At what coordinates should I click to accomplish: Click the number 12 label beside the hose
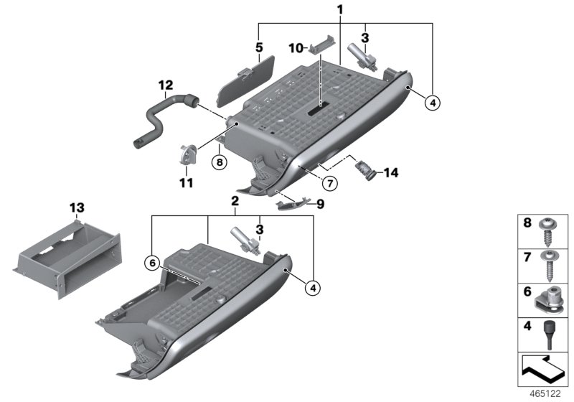click(166, 85)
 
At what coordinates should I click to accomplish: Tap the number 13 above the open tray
click(77, 207)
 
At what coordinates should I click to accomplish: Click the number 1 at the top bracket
click(339, 9)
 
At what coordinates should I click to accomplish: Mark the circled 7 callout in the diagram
click(328, 184)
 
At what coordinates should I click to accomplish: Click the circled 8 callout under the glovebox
click(220, 162)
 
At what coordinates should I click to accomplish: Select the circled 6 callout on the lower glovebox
click(151, 263)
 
